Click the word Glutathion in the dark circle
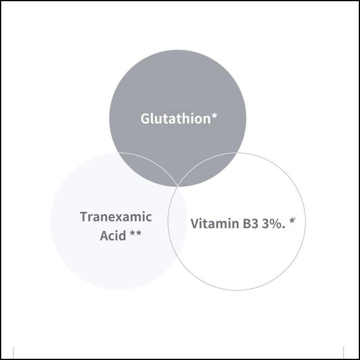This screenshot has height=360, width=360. click(x=175, y=118)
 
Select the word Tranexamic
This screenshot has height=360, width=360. click(x=116, y=217)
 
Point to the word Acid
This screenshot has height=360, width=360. click(x=113, y=236)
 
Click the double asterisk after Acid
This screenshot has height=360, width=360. click(x=135, y=234)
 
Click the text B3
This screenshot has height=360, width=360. click(x=251, y=224)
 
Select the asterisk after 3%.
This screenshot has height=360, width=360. click(x=292, y=221)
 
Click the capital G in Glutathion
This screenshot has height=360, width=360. click(x=146, y=118)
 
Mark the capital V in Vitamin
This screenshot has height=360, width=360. click(x=195, y=224)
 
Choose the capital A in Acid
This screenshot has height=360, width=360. click(x=104, y=236)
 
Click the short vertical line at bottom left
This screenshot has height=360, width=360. click(x=14, y=352)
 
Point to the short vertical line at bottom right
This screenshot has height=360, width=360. click(x=343, y=352)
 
